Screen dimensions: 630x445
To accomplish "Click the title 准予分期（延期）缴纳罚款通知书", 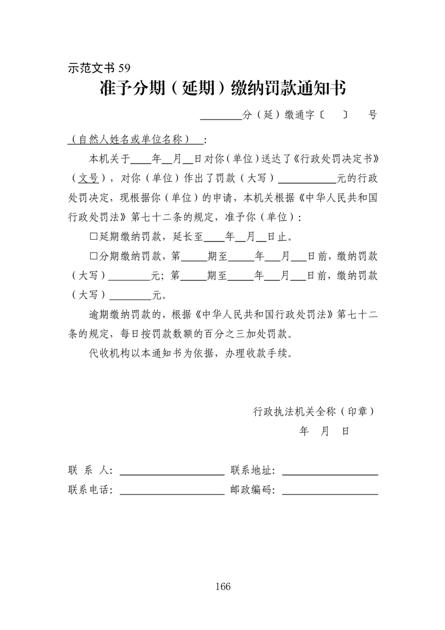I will click(x=222, y=88).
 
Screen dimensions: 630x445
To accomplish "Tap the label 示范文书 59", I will click(x=99, y=68).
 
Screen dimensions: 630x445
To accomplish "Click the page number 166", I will click(x=222, y=587).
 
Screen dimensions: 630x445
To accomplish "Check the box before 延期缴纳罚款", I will click(x=94, y=236).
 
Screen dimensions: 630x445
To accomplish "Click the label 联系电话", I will click(x=90, y=490).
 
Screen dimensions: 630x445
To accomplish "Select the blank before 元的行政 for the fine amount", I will click(x=306, y=179).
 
